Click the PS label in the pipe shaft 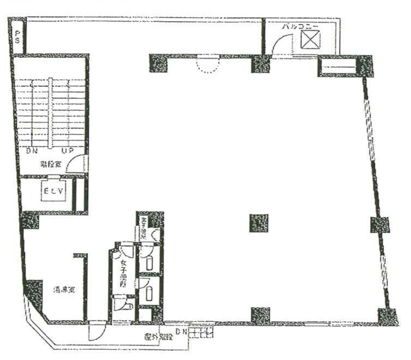pyautogui.click(x=16, y=36)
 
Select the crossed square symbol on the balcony pyautogui.click(x=310, y=39)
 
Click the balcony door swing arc pyautogui.click(x=279, y=45)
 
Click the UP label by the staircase pyautogui.click(x=67, y=151)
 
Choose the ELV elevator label pyautogui.click(x=53, y=191)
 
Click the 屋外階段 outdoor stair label pyautogui.click(x=158, y=337)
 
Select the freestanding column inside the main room pyautogui.click(x=259, y=223)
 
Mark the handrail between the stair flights pyautogui.click(x=51, y=113)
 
